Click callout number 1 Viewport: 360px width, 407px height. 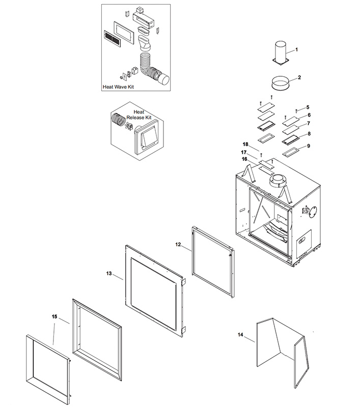click(x=297, y=50)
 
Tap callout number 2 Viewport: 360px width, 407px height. click(x=299, y=78)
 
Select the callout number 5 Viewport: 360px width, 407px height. click(x=308, y=107)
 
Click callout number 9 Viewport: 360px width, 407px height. click(x=308, y=146)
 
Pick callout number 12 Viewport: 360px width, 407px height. click(x=178, y=245)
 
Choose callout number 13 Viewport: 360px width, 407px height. click(x=109, y=274)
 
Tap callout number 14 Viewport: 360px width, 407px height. click(x=240, y=334)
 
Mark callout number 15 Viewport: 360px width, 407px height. click(x=55, y=316)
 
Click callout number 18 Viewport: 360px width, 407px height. click(x=245, y=144)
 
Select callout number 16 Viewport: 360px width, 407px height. click(x=245, y=159)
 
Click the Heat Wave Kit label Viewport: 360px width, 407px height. click(x=119, y=87)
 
